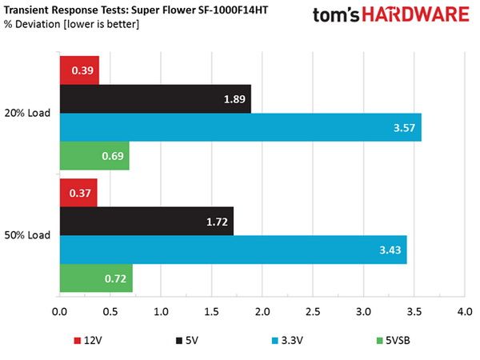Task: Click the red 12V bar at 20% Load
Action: coord(79,70)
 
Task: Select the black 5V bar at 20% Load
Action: coord(155,99)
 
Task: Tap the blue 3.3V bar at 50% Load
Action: coord(234,250)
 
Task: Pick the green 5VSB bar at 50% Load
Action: coord(96,278)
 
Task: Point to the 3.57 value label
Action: coord(404,128)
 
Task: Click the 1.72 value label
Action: coord(217,222)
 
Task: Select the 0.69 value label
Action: coord(113,156)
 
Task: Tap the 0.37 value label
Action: coord(80,193)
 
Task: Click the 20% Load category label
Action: coord(27,113)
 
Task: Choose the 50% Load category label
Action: coord(27,235)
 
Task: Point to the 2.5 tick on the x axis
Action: coord(313,312)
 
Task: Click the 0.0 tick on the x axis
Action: coord(59,312)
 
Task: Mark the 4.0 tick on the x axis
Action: coord(465,312)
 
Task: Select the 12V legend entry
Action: coord(88,341)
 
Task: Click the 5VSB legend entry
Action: coord(393,341)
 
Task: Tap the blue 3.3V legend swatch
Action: coord(275,341)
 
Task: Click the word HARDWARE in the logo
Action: coord(416,14)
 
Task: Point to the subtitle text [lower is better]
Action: coord(101,24)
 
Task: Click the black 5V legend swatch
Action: coord(179,341)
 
